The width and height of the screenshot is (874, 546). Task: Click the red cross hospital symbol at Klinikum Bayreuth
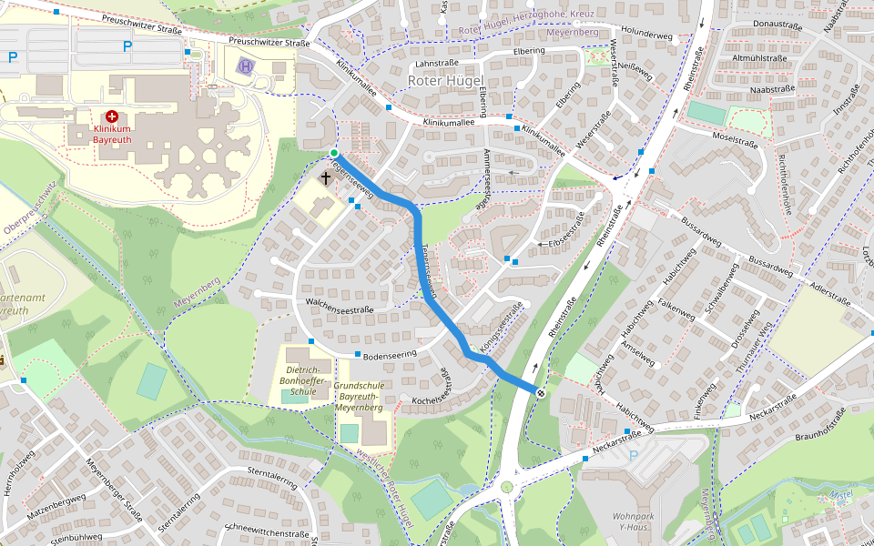(112, 116)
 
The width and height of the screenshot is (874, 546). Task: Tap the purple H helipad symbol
(246, 66)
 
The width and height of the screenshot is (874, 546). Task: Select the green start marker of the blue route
(334, 153)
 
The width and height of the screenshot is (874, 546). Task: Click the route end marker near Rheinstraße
(541, 393)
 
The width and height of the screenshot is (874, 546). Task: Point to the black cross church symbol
(326, 177)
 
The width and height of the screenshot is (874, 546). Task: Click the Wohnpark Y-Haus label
(638, 521)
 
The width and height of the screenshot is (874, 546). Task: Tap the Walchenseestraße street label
(340, 308)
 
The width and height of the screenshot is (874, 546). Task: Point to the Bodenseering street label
(390, 352)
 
